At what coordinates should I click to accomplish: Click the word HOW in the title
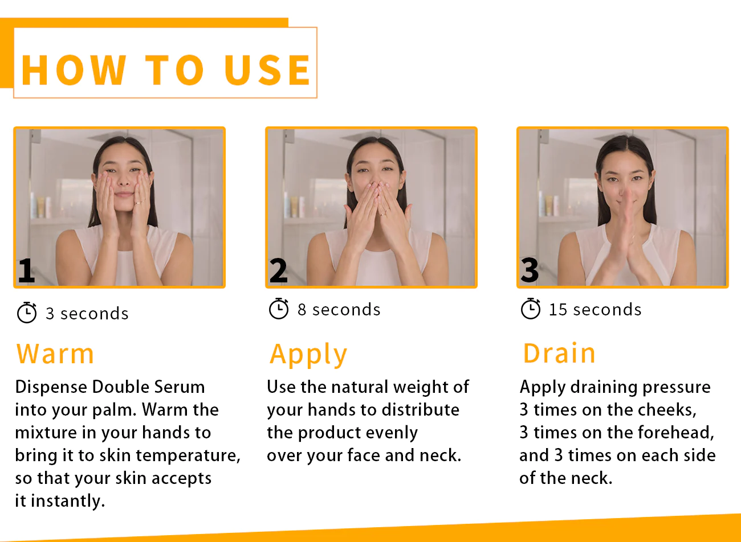[74, 71]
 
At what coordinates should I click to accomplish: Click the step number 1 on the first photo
[26, 270]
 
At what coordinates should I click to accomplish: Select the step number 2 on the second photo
[278, 270]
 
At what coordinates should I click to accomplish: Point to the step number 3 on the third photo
[530, 270]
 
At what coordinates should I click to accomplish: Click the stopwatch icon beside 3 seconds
[27, 313]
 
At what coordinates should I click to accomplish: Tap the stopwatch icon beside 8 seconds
[279, 309]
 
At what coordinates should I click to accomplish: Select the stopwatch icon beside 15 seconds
[531, 309]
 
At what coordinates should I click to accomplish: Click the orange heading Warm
[55, 354]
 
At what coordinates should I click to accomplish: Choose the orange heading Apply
[308, 355]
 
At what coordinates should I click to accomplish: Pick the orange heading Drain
[559, 354]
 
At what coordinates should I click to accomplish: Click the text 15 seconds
[595, 310]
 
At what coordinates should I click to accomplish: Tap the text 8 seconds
[339, 310]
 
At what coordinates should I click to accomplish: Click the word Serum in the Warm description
[180, 387]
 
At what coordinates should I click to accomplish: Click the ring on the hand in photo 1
[139, 202]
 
